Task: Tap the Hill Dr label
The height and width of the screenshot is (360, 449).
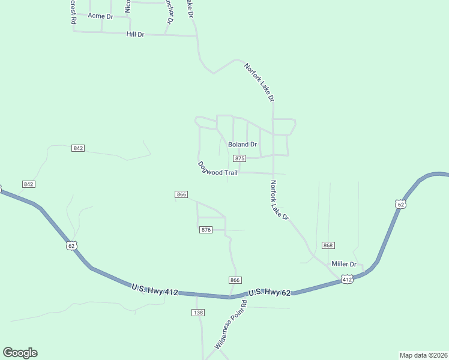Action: tap(136, 35)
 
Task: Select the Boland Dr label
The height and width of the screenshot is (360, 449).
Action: tap(243, 145)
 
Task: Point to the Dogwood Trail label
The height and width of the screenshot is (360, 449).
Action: tap(217, 169)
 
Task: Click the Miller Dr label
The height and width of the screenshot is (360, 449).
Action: tap(344, 264)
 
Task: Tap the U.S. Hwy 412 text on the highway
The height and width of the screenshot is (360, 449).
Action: tap(155, 290)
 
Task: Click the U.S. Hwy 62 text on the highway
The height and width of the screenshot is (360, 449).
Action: tap(270, 292)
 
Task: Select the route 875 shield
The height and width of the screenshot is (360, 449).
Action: tap(240, 158)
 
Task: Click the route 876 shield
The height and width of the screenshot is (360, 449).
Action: tap(206, 230)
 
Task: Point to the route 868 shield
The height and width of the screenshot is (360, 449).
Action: tap(328, 245)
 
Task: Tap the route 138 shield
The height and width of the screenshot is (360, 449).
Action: tap(198, 313)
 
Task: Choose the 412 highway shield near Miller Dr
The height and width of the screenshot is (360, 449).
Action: tap(347, 279)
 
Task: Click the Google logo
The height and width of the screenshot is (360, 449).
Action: tap(20, 353)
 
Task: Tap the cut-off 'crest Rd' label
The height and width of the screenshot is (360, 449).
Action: tap(73, 11)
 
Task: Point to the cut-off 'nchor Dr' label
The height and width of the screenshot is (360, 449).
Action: tap(170, 11)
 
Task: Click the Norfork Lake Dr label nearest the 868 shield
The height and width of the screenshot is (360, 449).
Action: tap(280, 200)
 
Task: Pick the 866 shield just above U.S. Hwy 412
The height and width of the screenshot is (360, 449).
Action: tap(235, 280)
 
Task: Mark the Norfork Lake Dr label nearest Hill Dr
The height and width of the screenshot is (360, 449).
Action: tap(259, 82)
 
